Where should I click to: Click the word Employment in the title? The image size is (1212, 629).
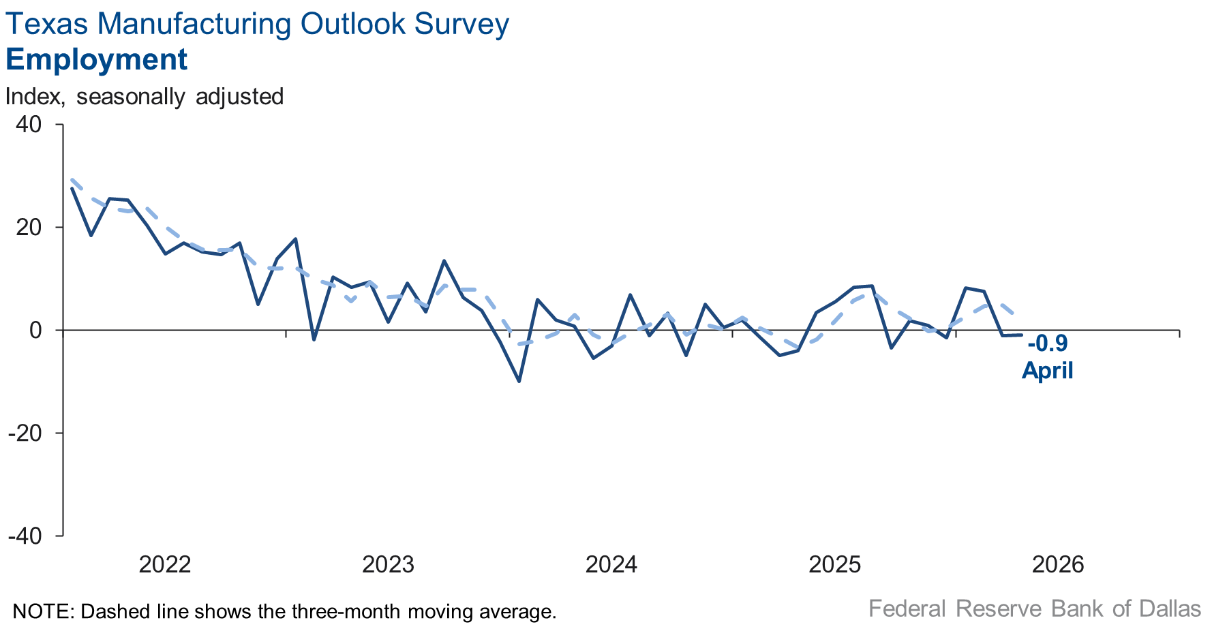(96, 59)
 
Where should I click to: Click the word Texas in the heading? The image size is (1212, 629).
(46, 24)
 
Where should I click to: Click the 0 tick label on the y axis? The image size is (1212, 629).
(35, 331)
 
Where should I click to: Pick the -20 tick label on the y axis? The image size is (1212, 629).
(25, 433)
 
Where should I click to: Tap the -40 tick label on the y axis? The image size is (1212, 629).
(25, 536)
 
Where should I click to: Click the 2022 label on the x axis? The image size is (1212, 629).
(164, 564)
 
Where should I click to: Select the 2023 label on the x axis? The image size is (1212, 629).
(388, 564)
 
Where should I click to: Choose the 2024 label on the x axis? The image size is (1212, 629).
(611, 564)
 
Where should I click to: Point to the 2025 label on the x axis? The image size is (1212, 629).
(834, 564)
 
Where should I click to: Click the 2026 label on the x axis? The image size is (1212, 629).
(1058, 564)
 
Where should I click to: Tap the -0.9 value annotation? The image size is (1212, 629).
(1048, 343)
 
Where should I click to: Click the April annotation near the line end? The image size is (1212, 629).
(1048, 370)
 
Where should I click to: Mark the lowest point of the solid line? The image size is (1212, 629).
(519, 381)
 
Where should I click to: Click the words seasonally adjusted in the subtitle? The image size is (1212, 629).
(180, 96)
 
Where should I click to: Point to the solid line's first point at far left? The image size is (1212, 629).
(72, 189)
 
